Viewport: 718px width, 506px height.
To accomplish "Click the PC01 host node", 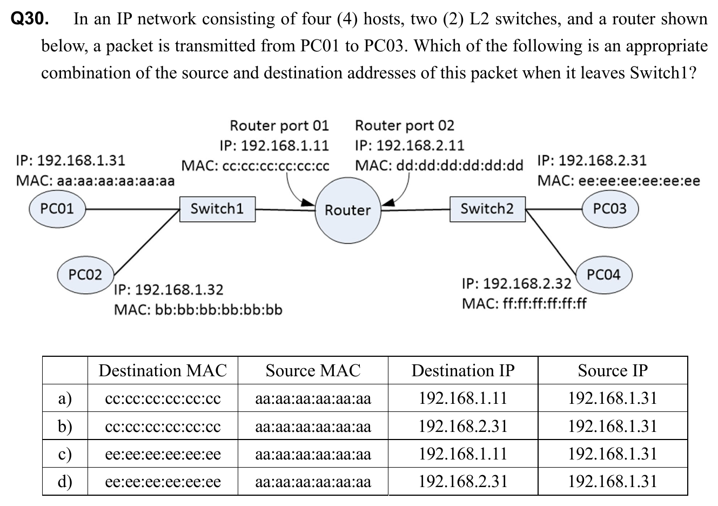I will point(57,208).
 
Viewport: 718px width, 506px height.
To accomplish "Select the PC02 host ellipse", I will point(85,275).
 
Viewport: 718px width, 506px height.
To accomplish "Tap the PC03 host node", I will point(610,208).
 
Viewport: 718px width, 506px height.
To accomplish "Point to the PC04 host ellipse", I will point(603,275).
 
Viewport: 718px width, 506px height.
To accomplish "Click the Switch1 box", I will point(217,209).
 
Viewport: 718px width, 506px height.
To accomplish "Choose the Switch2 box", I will point(487,209).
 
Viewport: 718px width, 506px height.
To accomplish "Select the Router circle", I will point(348,210).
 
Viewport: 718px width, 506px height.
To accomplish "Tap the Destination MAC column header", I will point(163,371).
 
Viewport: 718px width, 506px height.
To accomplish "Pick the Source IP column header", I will point(613,371).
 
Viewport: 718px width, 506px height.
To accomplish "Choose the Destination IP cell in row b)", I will point(463,427).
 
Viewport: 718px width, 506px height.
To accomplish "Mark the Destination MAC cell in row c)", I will point(163,454).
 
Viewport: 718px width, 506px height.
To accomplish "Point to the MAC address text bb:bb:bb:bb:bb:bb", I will point(198,310).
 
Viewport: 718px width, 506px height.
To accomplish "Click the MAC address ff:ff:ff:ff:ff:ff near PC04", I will point(524,304).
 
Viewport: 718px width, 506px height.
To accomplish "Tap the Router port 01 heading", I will point(279,126).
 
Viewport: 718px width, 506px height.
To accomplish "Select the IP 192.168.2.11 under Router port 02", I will point(410,146).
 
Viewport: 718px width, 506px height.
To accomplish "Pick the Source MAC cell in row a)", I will point(313,399).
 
